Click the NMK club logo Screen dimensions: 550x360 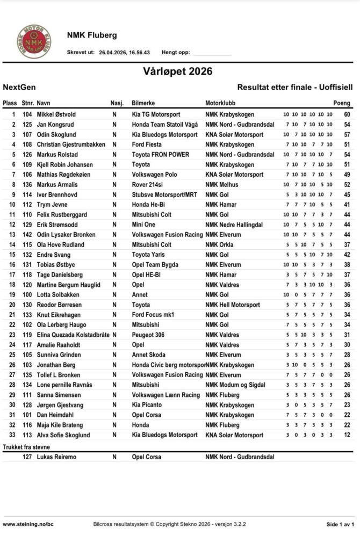pyautogui.click(x=34, y=41)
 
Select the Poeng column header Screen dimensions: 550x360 pyautogui.click(x=342, y=103)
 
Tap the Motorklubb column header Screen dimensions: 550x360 pyautogui.click(x=220, y=103)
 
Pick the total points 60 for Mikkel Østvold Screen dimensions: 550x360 pyautogui.click(x=347, y=114)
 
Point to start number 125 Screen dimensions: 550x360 pyautogui.click(x=27, y=125)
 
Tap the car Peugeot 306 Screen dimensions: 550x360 pyautogui.click(x=149, y=335)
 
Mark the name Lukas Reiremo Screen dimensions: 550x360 pyautogui.click(x=56, y=457)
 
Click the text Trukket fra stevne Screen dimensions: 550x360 pyautogui.click(x=26, y=446)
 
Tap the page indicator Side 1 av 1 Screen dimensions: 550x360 pyautogui.click(x=340, y=524)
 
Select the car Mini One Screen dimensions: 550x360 pyautogui.click(x=146, y=225)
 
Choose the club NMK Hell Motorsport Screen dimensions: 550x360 pyautogui.click(x=233, y=305)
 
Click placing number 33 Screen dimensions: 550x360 pyautogui.click(x=12, y=435)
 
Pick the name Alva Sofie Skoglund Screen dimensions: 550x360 pyautogui.click(x=63, y=435)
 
